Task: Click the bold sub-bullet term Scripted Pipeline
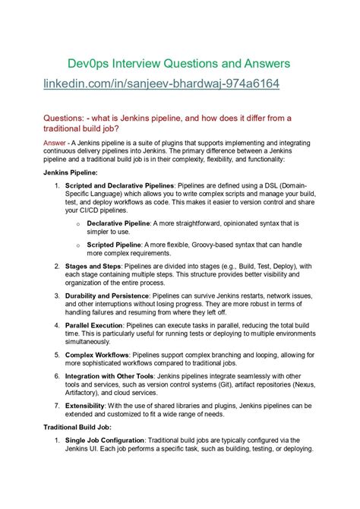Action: click(x=114, y=245)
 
